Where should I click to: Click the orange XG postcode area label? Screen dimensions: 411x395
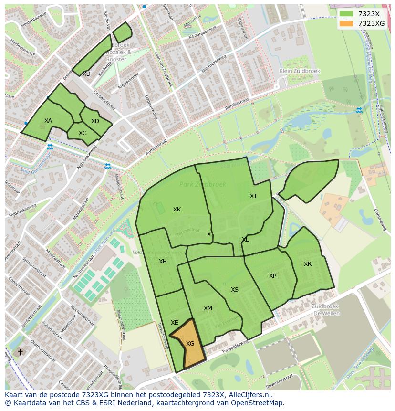click(x=190, y=344)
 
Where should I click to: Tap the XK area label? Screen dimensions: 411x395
click(x=177, y=210)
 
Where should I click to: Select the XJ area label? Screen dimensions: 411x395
click(x=253, y=196)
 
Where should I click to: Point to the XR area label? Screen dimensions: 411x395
click(x=308, y=264)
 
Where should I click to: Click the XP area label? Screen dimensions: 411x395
click(x=272, y=276)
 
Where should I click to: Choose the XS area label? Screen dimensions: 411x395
click(x=235, y=290)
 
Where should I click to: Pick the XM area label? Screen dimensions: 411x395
click(x=208, y=308)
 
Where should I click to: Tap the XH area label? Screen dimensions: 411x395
click(x=163, y=262)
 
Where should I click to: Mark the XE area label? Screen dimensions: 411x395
click(x=175, y=323)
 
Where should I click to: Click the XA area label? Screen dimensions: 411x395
click(x=48, y=121)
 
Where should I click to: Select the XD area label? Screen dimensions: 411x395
click(x=95, y=121)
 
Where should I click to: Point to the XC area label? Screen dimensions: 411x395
click(x=83, y=133)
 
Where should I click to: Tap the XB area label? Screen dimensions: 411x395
click(x=86, y=74)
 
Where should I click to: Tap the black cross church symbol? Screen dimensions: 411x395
click(x=20, y=352)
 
